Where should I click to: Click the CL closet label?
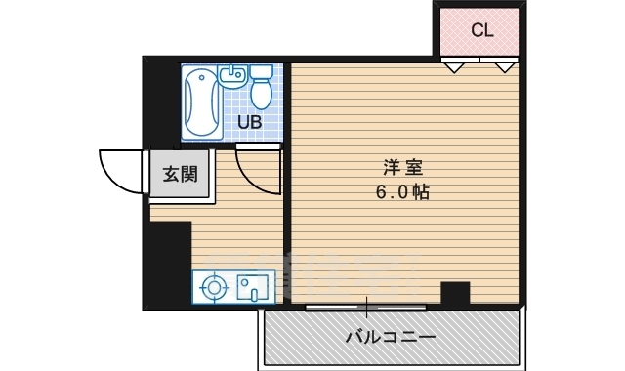point(481,30)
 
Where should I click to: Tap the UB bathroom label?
point(250,122)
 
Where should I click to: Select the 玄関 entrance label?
point(179,175)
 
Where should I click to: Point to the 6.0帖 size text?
point(402,192)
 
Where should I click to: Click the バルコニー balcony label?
point(390,338)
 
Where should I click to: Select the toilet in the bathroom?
point(261,88)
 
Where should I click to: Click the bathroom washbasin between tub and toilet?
point(232,76)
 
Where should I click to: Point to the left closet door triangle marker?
point(452,67)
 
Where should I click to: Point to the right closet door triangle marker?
point(505,67)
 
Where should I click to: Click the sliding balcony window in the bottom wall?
point(366,308)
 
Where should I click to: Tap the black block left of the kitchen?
point(170,265)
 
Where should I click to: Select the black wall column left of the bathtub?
point(161,103)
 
